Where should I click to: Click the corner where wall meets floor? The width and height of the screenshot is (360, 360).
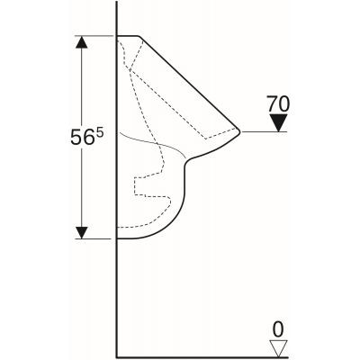118,353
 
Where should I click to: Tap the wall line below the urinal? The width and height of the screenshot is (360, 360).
118,297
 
